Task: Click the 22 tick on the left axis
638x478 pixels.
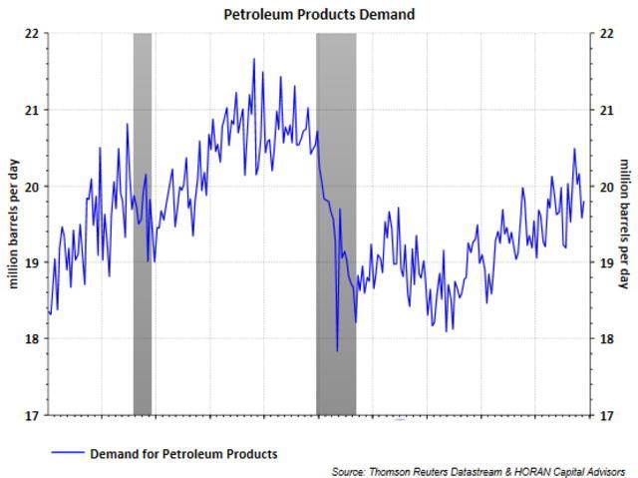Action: (31, 33)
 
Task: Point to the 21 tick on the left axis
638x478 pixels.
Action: (31, 110)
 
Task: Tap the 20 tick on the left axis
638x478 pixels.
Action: (31, 187)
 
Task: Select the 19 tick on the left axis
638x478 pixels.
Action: (31, 262)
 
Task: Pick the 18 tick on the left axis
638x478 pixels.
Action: (31, 339)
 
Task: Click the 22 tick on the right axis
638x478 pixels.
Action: (603, 33)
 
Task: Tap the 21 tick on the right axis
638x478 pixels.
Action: (603, 110)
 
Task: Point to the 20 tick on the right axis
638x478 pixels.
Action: (603, 187)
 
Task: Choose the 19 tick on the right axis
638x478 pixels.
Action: (603, 262)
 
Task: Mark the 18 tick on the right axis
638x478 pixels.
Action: (603, 339)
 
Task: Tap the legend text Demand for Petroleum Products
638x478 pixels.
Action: (183, 454)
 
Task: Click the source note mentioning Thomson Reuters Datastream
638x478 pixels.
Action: (478, 470)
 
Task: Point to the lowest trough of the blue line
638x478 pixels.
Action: (337, 350)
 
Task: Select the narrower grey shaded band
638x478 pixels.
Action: (143, 224)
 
